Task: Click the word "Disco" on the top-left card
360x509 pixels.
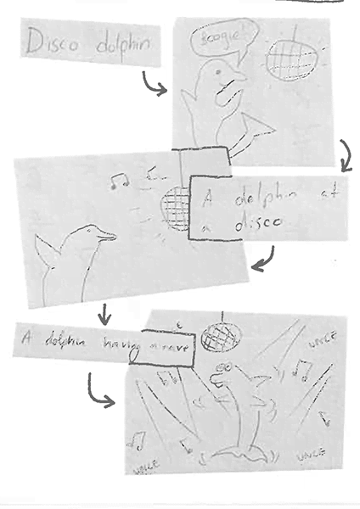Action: [52, 43]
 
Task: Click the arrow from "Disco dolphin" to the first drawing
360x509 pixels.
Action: [155, 84]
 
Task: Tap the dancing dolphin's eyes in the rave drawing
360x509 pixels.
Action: [224, 366]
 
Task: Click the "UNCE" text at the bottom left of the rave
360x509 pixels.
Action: [138, 466]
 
